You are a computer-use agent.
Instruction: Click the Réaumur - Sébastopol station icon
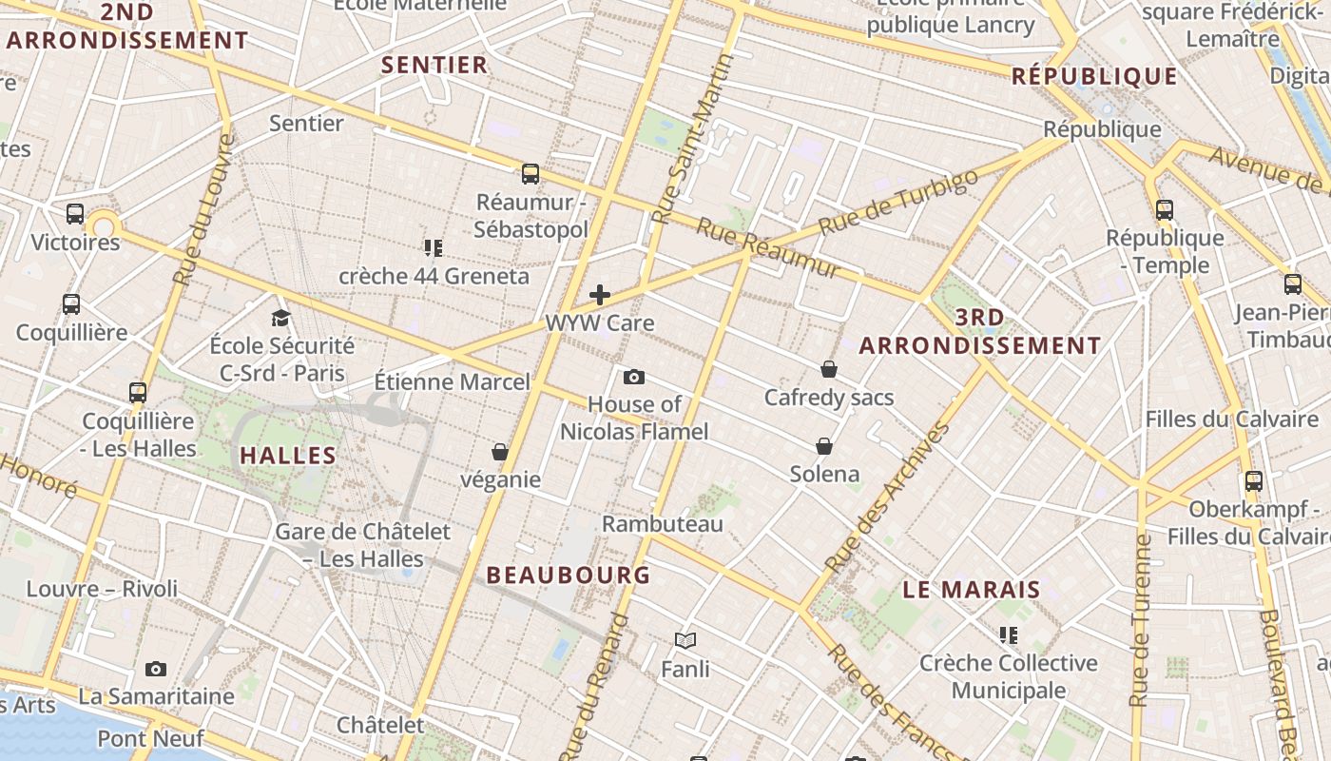tap(530, 174)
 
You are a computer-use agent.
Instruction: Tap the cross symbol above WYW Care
tap(600, 295)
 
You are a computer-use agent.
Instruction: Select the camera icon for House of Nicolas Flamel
tap(634, 378)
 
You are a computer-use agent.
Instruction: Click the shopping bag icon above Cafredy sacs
tap(829, 369)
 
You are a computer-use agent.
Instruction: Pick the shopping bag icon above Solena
tap(824, 446)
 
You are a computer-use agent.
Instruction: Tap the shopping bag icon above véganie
tap(500, 452)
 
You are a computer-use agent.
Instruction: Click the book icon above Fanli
tap(685, 641)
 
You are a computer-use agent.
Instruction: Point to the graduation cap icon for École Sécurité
tap(280, 318)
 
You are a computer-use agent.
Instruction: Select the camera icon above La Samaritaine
tap(156, 670)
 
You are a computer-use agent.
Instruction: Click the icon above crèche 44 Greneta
tap(434, 248)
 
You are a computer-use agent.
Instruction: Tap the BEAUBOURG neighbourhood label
tap(569, 575)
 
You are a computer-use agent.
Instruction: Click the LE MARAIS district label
tap(972, 590)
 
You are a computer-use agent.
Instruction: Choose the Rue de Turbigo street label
tap(897, 203)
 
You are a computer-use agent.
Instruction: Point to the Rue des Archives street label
tap(889, 498)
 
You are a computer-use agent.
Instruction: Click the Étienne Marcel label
tap(452, 381)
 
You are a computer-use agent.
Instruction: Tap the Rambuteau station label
tap(663, 523)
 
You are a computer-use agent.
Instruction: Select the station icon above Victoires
tap(75, 214)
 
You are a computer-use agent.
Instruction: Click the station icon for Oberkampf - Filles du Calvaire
tap(1254, 481)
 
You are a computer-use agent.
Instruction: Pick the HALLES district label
tap(288, 456)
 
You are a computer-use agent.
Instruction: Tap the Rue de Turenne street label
tap(1141, 620)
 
